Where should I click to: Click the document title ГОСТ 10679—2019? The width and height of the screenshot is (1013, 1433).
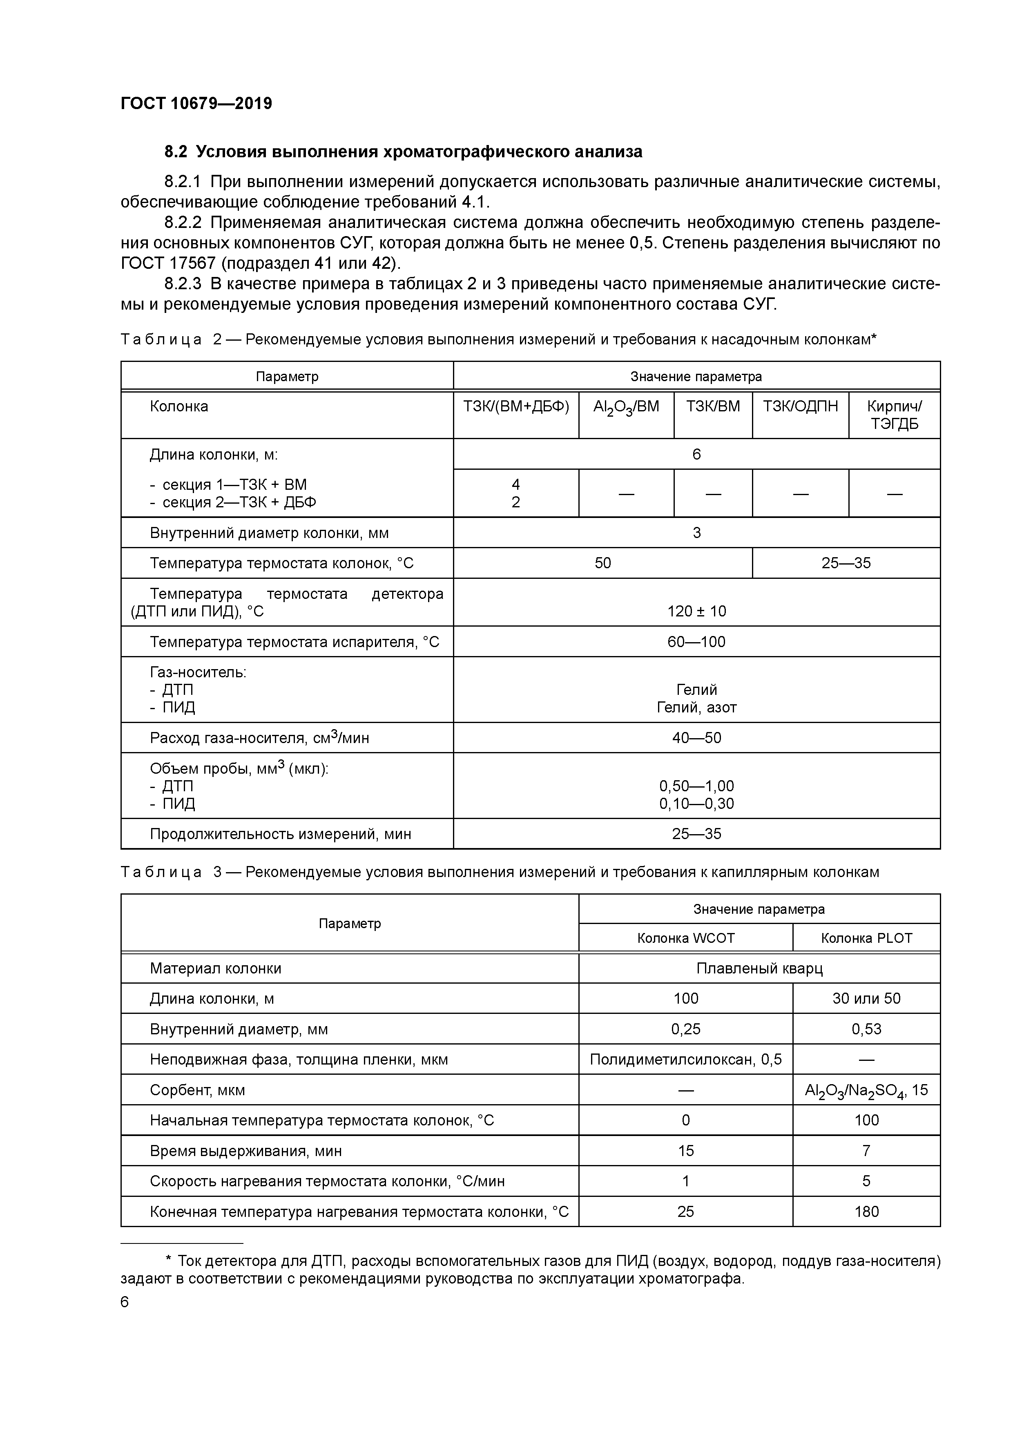[196, 104]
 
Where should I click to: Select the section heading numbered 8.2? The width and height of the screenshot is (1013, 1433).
[403, 152]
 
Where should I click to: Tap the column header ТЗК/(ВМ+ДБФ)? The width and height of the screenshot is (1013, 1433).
[515, 407]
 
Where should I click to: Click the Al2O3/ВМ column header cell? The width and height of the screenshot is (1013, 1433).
[626, 407]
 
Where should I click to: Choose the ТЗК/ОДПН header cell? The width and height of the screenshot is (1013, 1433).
[800, 407]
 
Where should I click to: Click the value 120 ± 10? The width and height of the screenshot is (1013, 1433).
[696, 611]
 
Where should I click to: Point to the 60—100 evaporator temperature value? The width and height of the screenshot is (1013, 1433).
[696, 642]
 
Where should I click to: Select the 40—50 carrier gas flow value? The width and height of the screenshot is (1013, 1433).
[696, 738]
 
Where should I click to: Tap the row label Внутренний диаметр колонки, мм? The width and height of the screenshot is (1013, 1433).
[269, 533]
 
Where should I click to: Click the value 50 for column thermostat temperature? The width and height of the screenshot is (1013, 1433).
[602, 563]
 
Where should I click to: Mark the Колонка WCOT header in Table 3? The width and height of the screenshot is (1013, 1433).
[685, 938]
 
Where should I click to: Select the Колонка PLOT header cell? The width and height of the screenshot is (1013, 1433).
[866, 938]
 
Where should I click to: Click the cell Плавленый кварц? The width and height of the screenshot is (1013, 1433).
[759, 969]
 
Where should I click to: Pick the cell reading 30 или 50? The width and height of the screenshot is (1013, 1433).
[866, 999]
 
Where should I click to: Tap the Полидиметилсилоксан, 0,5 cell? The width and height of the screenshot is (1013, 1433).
[685, 1060]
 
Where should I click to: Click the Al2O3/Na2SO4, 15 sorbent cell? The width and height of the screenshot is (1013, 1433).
[866, 1090]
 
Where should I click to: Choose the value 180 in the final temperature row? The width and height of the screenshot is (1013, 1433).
[866, 1212]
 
